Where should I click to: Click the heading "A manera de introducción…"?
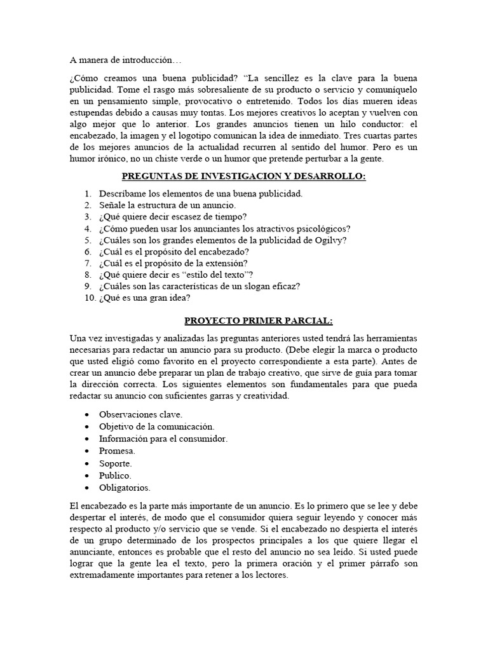point(125,60)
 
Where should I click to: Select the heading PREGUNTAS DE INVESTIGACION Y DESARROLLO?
point(243,176)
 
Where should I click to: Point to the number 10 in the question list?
point(89,298)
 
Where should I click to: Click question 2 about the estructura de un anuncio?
point(167,205)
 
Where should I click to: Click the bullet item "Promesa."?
point(117,450)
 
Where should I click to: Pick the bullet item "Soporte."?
point(116,463)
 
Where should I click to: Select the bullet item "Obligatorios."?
point(125,488)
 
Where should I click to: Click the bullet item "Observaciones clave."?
point(140,414)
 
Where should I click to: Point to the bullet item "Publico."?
point(115,476)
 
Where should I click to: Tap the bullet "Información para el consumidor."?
point(163,438)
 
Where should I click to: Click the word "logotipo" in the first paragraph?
point(207,135)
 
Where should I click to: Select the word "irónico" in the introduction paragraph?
point(116,158)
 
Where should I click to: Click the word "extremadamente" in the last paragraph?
point(104,575)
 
